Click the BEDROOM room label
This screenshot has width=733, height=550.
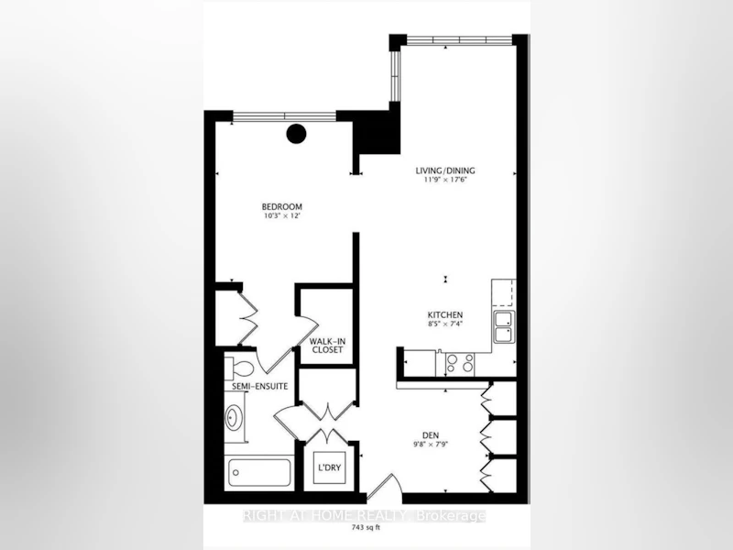[281, 207]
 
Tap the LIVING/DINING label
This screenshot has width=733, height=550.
[445, 170]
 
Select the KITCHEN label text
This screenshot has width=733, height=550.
[445, 314]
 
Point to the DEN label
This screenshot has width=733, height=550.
[430, 435]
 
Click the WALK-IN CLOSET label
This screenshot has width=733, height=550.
[328, 346]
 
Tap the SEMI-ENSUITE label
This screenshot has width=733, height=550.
[260, 387]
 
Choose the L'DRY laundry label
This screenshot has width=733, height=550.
[329, 467]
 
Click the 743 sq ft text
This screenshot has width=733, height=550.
[366, 528]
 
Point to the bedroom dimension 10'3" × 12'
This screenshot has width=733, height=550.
[281, 216]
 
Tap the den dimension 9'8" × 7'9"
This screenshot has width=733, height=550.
[430, 445]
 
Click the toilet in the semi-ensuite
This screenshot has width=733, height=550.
[239, 366]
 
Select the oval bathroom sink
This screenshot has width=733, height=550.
[233, 417]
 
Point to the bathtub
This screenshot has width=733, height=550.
[259, 473]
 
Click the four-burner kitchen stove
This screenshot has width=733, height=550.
[460, 362]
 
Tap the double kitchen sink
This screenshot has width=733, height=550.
[504, 326]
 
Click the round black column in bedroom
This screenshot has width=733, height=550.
[296, 134]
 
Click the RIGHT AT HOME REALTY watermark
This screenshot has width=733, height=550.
[364, 516]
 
